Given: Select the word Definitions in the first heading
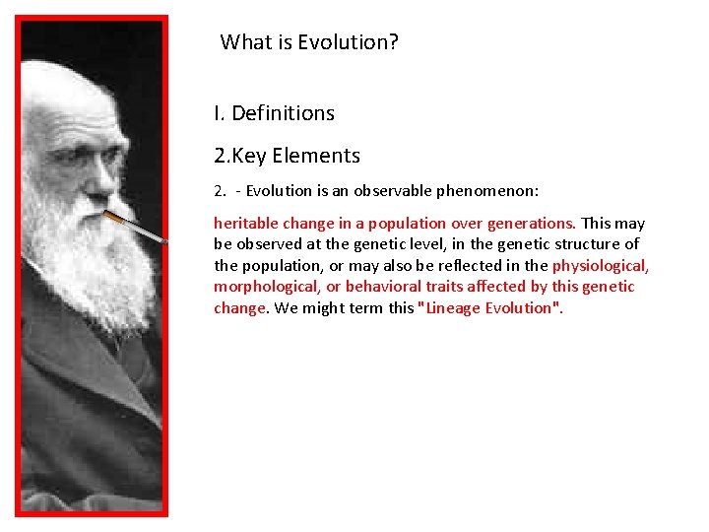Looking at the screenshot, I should [x=283, y=113].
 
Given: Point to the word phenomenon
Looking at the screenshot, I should [x=497, y=189].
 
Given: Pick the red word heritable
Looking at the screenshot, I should [x=245, y=223].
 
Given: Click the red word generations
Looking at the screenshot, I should [x=531, y=223].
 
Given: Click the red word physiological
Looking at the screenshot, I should [x=601, y=266].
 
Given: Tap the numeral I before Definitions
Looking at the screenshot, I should [x=217, y=113].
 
